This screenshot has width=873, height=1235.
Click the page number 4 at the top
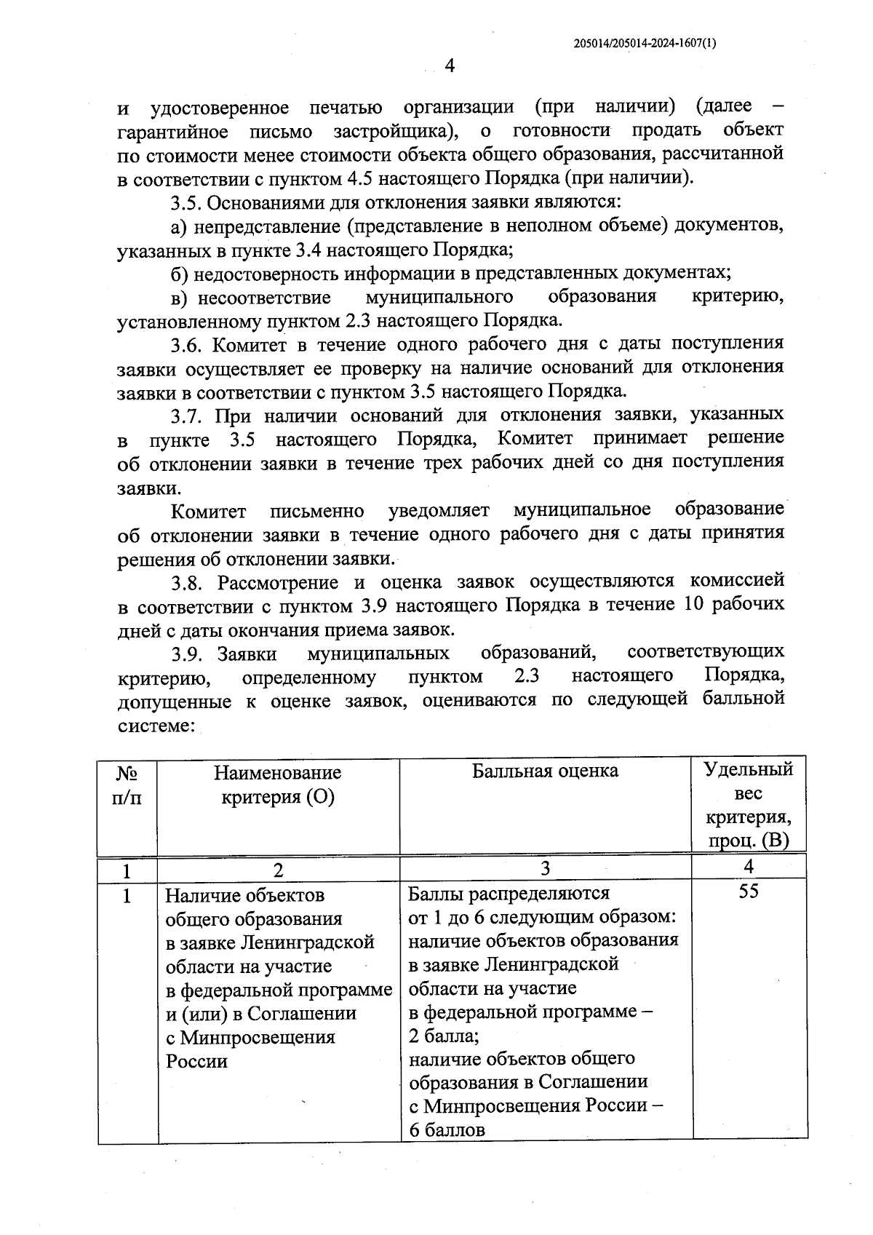point(449,66)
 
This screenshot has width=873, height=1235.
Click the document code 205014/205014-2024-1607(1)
point(645,43)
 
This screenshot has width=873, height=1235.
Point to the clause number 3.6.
point(188,344)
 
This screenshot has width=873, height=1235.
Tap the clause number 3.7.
point(188,416)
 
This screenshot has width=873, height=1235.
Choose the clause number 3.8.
point(188,582)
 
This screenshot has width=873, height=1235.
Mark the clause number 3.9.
point(188,653)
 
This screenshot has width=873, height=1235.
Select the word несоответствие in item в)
point(264,297)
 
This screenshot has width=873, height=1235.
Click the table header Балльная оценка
point(545,771)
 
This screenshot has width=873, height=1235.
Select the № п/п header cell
point(127,785)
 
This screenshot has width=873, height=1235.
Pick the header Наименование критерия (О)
point(277,785)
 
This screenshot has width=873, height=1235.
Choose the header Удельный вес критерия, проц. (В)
point(749,805)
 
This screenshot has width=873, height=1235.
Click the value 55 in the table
point(749,891)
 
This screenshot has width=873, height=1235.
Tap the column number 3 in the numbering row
point(545,867)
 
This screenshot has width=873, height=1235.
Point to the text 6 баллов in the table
point(447,1129)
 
